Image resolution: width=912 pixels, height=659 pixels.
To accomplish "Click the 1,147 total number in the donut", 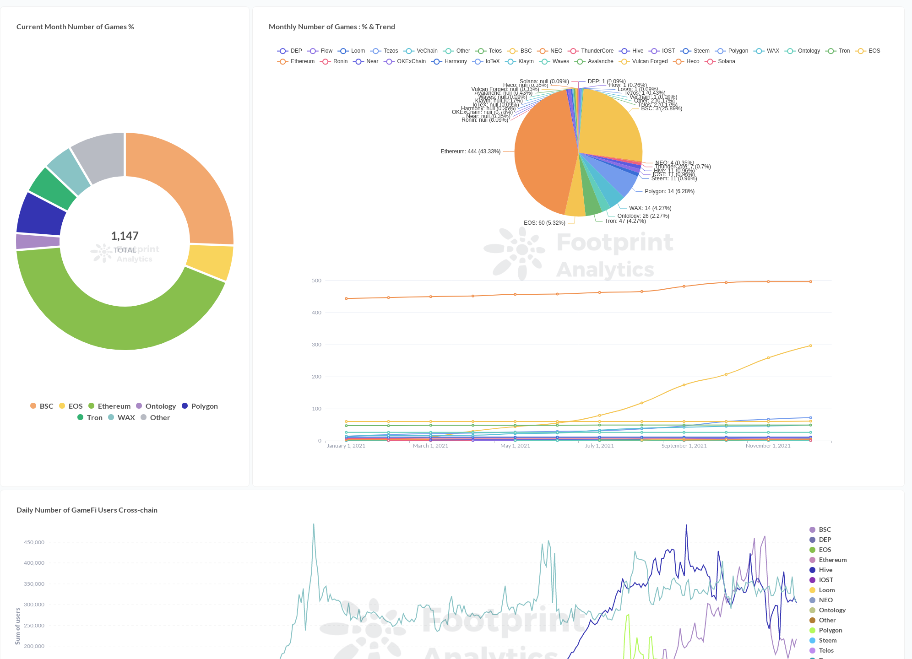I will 125,236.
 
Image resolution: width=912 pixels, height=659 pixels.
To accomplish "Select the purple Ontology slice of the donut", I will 38,241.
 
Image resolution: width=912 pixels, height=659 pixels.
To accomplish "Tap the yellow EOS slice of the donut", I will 210,262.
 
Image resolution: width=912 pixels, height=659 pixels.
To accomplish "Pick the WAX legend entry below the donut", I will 121,418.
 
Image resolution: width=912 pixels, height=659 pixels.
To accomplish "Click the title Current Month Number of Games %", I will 75,27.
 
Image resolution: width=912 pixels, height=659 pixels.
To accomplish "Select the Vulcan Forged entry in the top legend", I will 645,61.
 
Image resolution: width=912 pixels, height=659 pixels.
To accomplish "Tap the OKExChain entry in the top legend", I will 406,61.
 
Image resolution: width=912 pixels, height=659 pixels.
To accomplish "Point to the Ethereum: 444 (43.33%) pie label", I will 470,151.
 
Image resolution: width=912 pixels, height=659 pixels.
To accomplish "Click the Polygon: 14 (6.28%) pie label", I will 669,191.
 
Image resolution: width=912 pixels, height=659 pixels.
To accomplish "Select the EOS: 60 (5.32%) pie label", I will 544,223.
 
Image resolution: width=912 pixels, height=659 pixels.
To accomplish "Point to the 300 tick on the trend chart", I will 316,345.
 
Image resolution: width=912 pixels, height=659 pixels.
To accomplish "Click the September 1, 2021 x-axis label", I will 684,446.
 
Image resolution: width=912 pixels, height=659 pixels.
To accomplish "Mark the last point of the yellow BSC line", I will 810,346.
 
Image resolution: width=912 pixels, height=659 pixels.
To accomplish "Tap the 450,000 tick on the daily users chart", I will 34,542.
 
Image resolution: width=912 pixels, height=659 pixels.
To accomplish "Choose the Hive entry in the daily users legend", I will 825,570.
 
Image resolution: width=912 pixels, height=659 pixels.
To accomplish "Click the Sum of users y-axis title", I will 18,626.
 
